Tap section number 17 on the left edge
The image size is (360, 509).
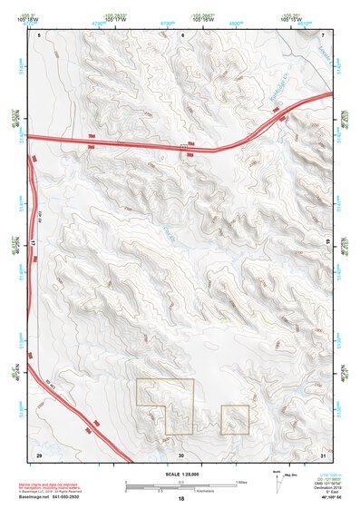click(x=31, y=243)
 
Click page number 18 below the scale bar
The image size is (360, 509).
click(x=181, y=500)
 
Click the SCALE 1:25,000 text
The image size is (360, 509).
click(x=181, y=474)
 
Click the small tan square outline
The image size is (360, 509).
click(x=235, y=419)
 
